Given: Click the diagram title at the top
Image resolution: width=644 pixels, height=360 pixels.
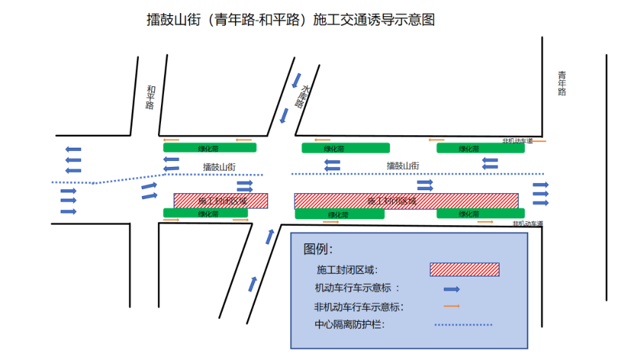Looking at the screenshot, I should [291, 20].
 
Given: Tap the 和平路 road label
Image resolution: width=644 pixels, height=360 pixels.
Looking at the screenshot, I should [150, 97].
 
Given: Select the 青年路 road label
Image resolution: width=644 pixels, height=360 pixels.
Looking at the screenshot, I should [562, 83].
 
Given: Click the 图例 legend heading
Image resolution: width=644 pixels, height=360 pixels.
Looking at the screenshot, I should [318, 249].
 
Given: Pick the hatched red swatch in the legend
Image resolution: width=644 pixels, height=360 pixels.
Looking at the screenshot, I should [465, 269].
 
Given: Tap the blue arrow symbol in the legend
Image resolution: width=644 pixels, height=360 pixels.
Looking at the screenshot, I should [451, 289].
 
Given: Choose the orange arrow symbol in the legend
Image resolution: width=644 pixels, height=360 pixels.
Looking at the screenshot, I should [451, 306].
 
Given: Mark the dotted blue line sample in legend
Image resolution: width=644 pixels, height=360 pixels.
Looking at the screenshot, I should [463, 325].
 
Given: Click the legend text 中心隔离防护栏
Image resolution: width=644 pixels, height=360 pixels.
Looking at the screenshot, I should [350, 325].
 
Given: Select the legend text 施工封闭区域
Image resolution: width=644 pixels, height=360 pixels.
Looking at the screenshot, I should [347, 270].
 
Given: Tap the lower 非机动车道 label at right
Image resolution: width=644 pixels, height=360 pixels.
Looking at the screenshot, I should [528, 224].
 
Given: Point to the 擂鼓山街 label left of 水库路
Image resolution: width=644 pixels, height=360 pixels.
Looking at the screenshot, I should [219, 167].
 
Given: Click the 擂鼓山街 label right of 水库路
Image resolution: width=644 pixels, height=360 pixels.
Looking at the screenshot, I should [402, 166].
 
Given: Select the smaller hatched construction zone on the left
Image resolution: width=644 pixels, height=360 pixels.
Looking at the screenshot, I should [221, 201].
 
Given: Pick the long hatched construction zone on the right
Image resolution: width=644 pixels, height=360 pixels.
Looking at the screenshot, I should [406, 201].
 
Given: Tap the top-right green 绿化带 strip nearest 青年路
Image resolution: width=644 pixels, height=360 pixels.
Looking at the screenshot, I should [481, 148].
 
